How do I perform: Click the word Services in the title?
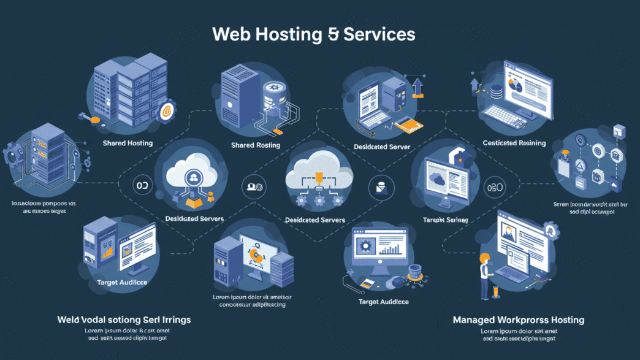[x=379, y=34]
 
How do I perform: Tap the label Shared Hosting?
[x=128, y=143]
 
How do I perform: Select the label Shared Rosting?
[x=255, y=145]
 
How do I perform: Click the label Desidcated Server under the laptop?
[x=382, y=147]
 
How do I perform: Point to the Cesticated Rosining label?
[x=514, y=143]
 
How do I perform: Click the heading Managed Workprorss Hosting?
[x=518, y=320]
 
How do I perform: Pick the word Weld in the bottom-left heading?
[x=67, y=320]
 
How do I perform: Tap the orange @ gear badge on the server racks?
[x=166, y=111]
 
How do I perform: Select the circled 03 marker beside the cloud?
[x=142, y=185]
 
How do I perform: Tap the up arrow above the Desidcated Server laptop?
[x=417, y=86]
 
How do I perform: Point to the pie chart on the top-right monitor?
[x=515, y=86]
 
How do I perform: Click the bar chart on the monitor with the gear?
[x=390, y=249]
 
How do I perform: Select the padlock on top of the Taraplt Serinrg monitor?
[x=457, y=153]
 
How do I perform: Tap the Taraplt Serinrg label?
[x=446, y=219]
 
